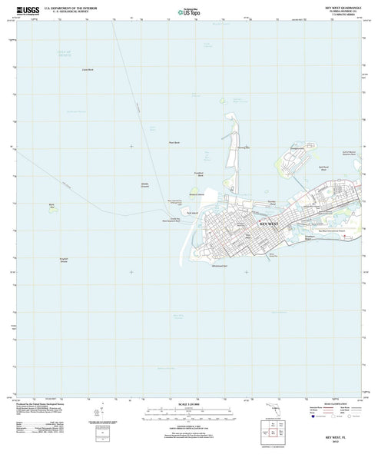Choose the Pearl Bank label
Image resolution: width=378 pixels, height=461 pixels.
(x=174, y=141)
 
